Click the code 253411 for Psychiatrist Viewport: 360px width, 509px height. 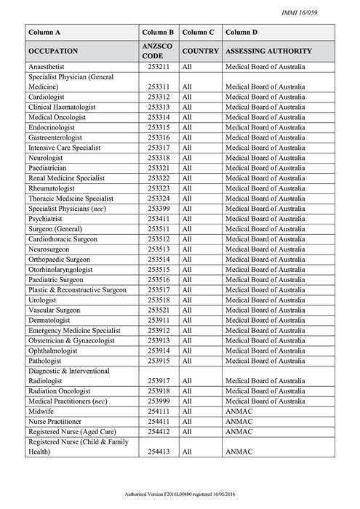[158, 218]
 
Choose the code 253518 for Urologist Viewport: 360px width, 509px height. [158, 300]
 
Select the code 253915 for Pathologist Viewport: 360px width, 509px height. [158, 361]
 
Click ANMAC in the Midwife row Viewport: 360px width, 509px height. [239, 411]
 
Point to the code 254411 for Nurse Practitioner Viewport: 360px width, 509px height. [158, 421]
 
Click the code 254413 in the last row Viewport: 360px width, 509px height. [158, 452]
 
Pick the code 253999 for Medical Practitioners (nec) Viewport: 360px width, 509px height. [158, 401]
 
